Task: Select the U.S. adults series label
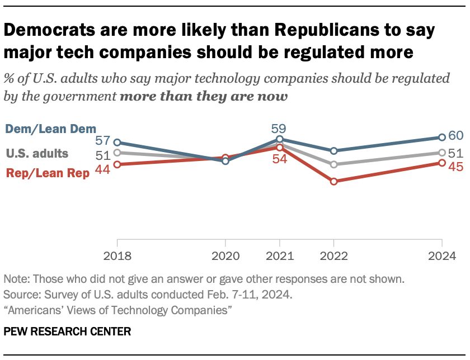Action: (37, 153)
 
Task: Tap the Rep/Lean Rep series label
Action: (48, 173)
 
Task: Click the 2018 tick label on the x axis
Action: (117, 257)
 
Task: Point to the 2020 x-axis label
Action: (225, 257)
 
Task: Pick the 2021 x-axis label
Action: (280, 257)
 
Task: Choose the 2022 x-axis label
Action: (333, 257)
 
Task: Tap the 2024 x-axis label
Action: (442, 257)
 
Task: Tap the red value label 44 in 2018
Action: (102, 173)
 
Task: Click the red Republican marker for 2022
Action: (334, 182)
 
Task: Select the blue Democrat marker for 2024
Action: (442, 137)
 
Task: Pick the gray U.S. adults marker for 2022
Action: (334, 164)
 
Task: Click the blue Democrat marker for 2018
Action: (117, 143)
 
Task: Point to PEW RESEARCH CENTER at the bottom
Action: (67, 332)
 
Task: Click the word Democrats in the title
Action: (58, 31)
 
